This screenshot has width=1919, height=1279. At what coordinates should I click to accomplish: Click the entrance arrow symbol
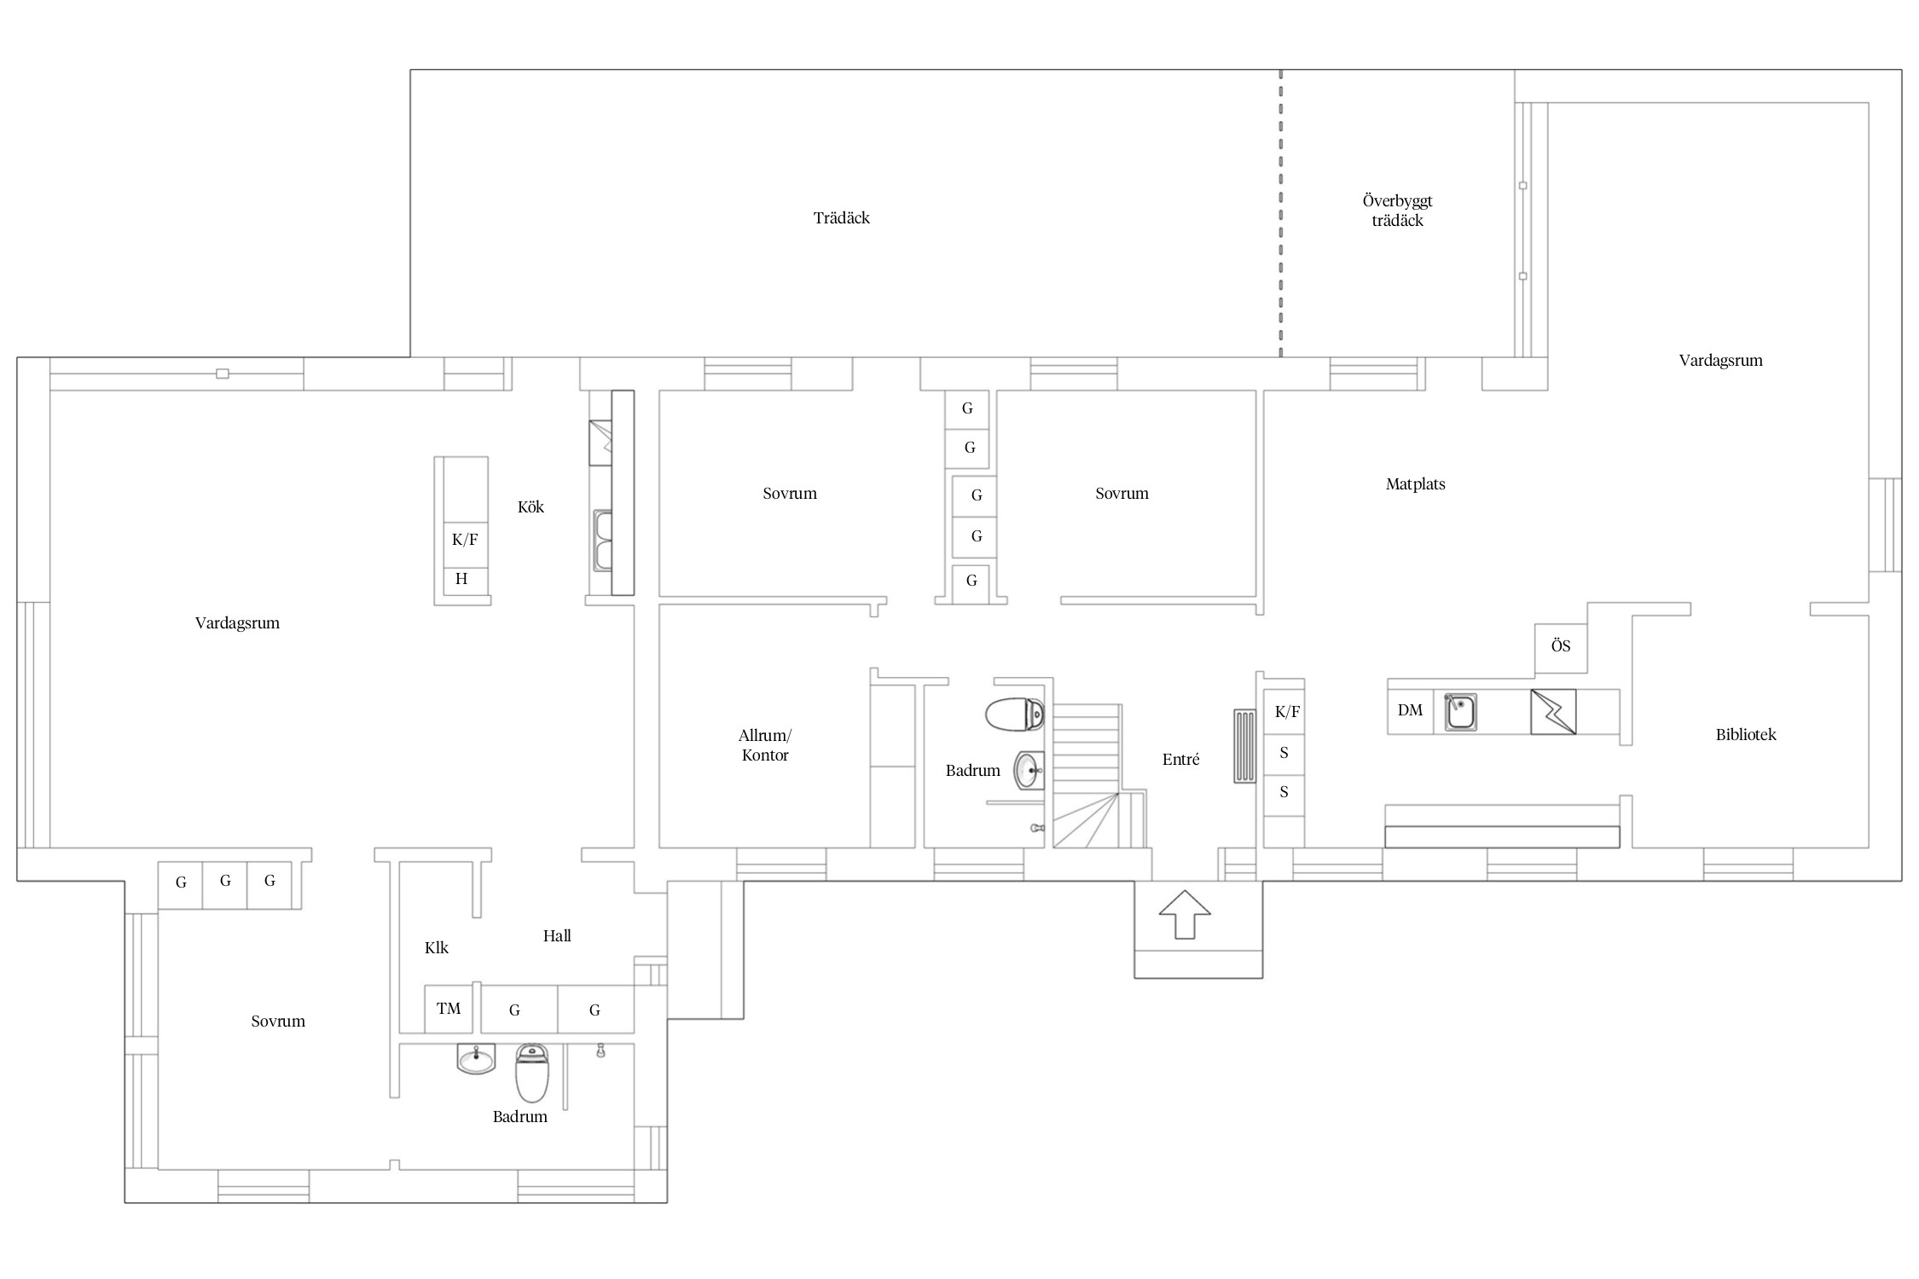tap(1185, 914)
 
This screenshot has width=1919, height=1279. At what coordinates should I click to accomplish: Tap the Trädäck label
tap(841, 218)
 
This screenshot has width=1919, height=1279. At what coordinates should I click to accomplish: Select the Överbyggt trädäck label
tap(1397, 211)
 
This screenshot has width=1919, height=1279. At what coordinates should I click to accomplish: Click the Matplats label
tap(1415, 484)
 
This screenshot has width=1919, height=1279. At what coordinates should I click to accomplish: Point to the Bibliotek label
tap(1746, 735)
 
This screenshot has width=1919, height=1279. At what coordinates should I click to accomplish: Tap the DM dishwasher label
tap(1410, 710)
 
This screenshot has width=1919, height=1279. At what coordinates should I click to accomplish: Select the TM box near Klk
tap(449, 1009)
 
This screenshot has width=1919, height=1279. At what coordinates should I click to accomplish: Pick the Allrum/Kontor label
tap(765, 745)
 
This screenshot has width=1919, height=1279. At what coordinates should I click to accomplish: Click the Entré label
tap(1180, 760)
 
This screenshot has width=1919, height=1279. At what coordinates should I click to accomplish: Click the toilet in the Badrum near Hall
tap(532, 1073)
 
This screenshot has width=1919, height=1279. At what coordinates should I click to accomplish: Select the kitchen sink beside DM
tap(1460, 712)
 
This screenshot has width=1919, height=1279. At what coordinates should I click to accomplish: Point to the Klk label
tap(436, 948)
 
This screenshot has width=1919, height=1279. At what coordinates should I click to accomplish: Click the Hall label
tap(557, 936)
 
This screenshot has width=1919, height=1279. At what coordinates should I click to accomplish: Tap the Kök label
tap(530, 507)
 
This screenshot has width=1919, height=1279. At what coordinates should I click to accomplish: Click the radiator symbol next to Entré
tap(1244, 747)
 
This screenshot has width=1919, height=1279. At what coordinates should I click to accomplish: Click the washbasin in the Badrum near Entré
tap(1029, 771)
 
